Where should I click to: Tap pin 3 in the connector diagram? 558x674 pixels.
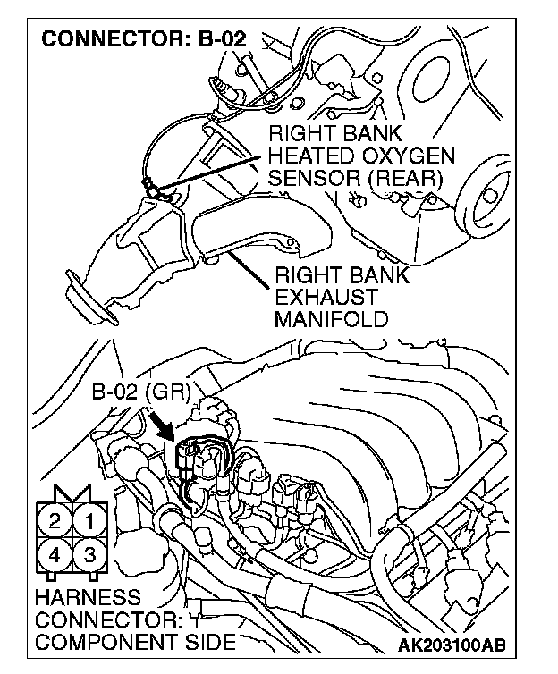click(89, 554)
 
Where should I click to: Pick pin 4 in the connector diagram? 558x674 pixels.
click(55, 554)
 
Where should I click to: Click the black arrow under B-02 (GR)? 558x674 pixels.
click(164, 422)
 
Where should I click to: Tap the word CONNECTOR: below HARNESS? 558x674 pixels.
click(107, 619)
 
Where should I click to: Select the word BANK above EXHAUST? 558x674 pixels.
click(376, 275)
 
